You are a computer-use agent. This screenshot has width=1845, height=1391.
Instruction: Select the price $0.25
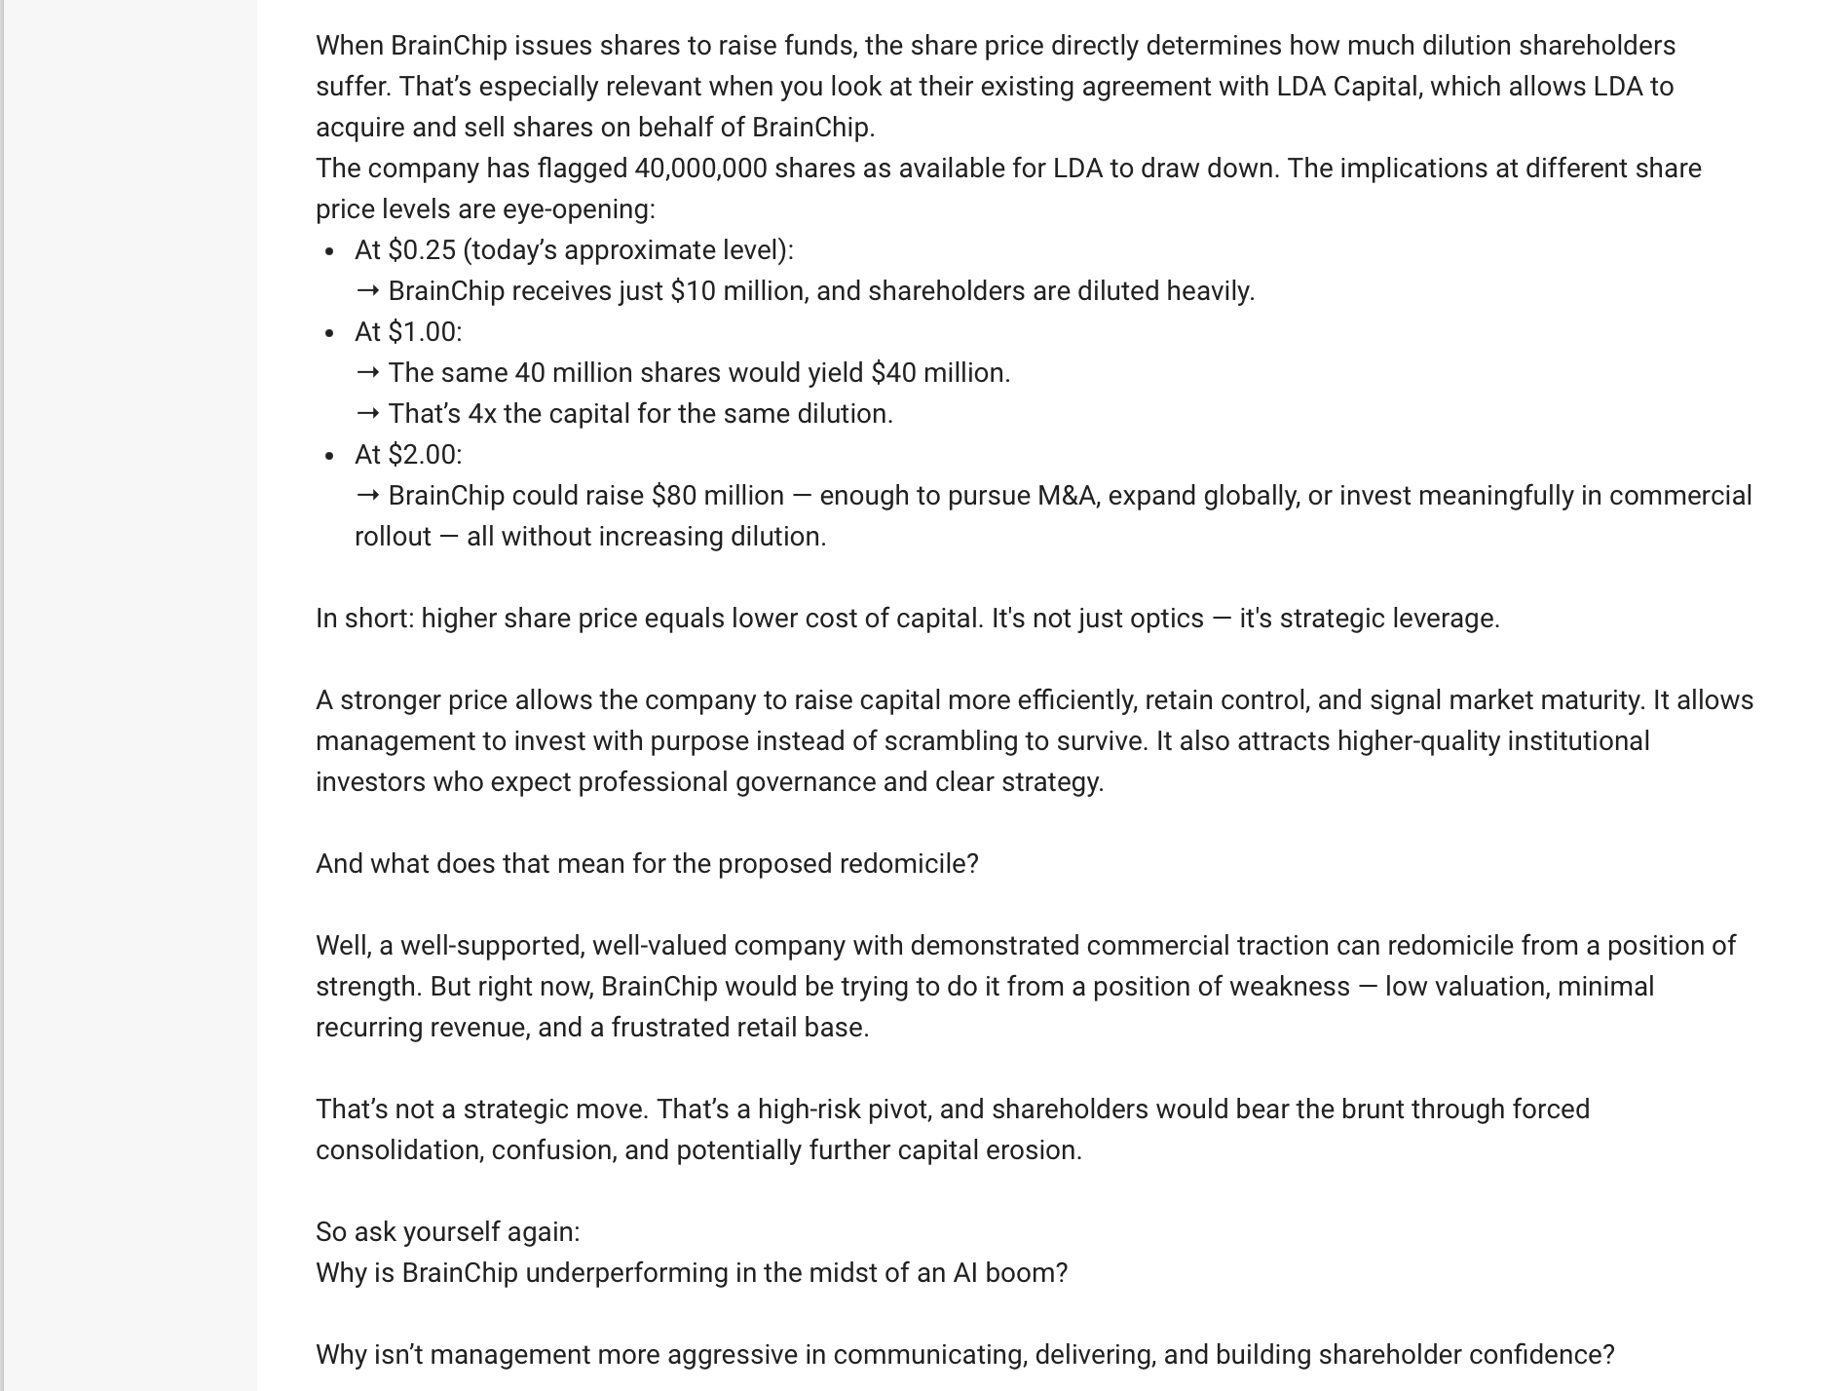pos(422,250)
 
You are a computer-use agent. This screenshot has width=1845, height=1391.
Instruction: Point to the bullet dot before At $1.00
pos(330,333)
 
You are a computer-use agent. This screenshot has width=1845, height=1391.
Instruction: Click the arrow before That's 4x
pos(367,414)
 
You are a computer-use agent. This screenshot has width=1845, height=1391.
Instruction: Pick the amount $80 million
pos(717,496)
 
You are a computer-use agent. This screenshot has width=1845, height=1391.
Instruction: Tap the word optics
pos(1167,619)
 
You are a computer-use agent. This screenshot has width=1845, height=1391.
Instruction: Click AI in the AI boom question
pos(965,1273)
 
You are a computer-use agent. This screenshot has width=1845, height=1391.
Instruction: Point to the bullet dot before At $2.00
pos(330,456)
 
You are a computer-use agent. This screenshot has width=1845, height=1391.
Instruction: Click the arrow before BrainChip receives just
pos(367,291)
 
